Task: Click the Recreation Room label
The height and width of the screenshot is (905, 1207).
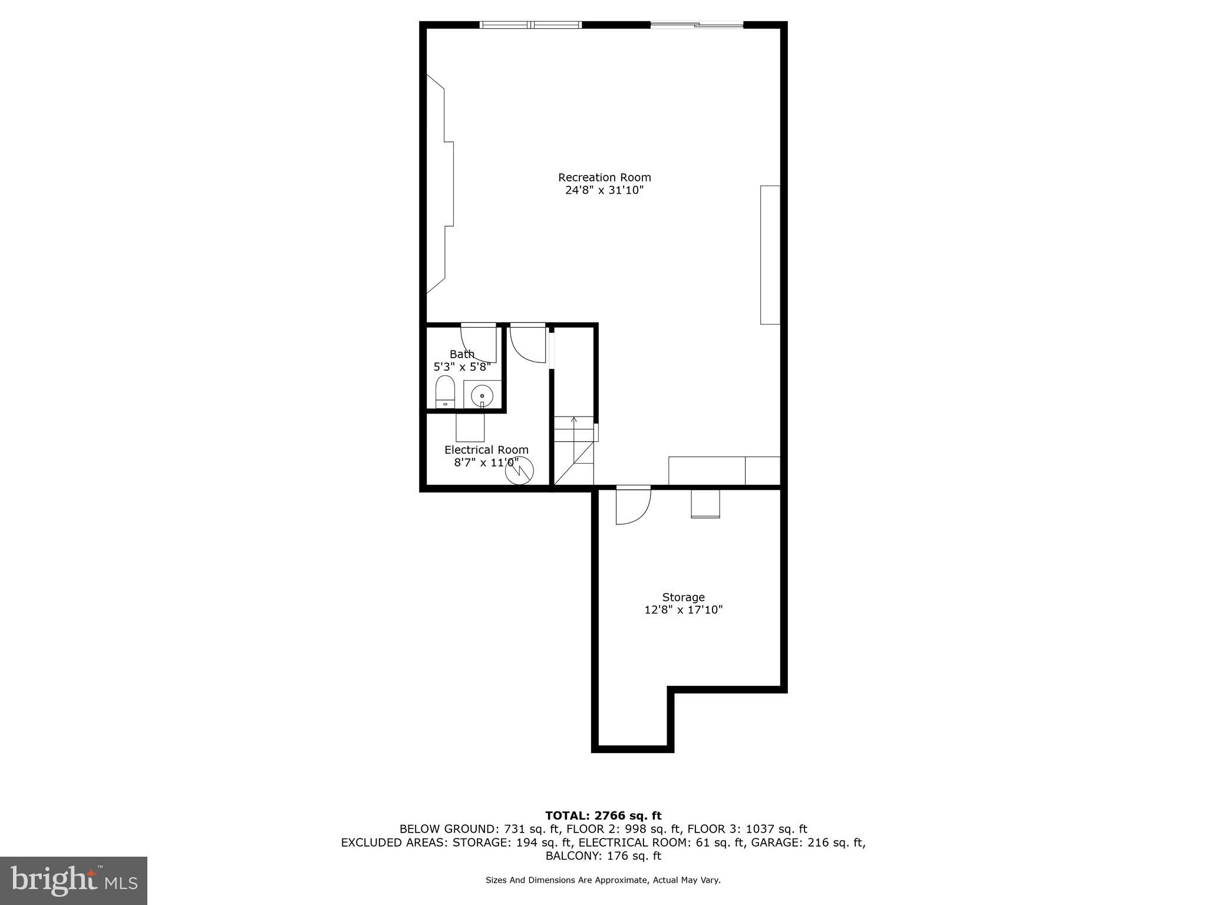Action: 604,177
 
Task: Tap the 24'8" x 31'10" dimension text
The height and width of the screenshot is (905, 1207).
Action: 604,190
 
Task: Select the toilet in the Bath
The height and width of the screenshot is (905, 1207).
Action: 445,391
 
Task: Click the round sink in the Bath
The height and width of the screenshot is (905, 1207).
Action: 482,396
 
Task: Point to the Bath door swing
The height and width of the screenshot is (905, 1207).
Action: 479,343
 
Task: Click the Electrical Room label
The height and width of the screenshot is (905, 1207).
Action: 486,450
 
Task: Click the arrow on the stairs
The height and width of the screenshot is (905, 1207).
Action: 573,421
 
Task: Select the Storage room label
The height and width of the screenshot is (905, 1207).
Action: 683,597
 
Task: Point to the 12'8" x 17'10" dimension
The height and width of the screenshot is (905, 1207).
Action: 683,610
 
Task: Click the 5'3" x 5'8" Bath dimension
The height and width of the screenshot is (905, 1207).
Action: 462,367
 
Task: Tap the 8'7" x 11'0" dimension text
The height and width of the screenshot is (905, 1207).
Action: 486,463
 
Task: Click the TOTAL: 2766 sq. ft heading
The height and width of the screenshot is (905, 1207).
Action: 603,815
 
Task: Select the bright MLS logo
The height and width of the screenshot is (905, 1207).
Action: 74,880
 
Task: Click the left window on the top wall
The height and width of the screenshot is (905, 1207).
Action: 531,25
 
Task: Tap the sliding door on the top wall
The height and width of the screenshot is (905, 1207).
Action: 697,25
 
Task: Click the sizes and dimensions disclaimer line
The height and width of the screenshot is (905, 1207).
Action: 603,880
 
